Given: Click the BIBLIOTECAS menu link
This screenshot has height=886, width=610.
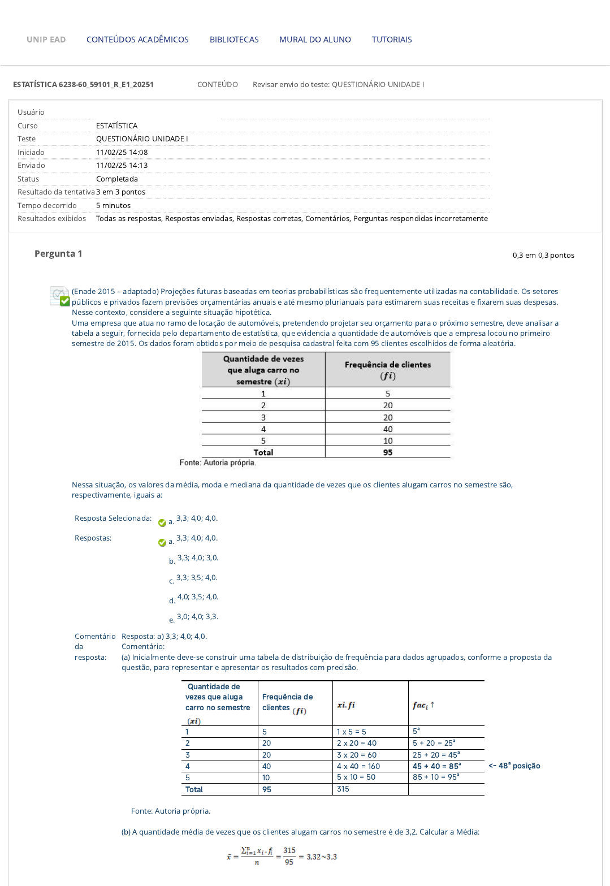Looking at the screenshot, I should [x=234, y=40].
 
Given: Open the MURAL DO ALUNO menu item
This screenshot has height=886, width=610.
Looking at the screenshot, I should [x=315, y=40].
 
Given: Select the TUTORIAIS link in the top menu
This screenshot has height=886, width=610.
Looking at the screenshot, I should [x=392, y=40].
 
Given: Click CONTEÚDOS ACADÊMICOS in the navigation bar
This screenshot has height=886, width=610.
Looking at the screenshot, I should [x=137, y=40].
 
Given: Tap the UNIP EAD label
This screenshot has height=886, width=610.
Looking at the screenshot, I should [x=46, y=40].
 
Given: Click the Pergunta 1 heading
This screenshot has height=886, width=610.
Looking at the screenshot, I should [x=58, y=254].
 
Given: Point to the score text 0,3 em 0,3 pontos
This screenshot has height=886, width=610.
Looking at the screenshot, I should [x=543, y=256].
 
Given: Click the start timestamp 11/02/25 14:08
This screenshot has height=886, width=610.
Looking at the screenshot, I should [x=122, y=153].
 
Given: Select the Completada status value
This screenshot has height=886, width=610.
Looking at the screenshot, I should [x=117, y=179].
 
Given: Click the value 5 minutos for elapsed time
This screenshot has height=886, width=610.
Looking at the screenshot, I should [x=113, y=206].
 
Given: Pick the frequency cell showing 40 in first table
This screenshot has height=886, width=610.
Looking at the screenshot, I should [x=388, y=429].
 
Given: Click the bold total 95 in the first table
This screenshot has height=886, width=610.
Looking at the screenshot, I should [x=388, y=452].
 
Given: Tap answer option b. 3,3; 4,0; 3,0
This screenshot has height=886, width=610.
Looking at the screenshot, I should [x=197, y=558].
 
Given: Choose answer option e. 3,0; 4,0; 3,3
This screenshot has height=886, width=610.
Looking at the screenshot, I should [x=197, y=617].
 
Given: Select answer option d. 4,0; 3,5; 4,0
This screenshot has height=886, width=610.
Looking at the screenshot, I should [x=197, y=597].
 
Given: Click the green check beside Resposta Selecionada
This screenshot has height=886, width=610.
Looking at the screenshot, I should [x=162, y=523].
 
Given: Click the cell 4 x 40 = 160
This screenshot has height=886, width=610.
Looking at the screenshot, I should [x=358, y=767].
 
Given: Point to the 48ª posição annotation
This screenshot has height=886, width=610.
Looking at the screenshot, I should [x=514, y=766].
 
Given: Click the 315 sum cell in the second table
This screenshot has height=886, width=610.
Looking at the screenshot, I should [x=343, y=789].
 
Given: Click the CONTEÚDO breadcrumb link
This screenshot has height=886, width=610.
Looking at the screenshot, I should [x=218, y=85].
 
